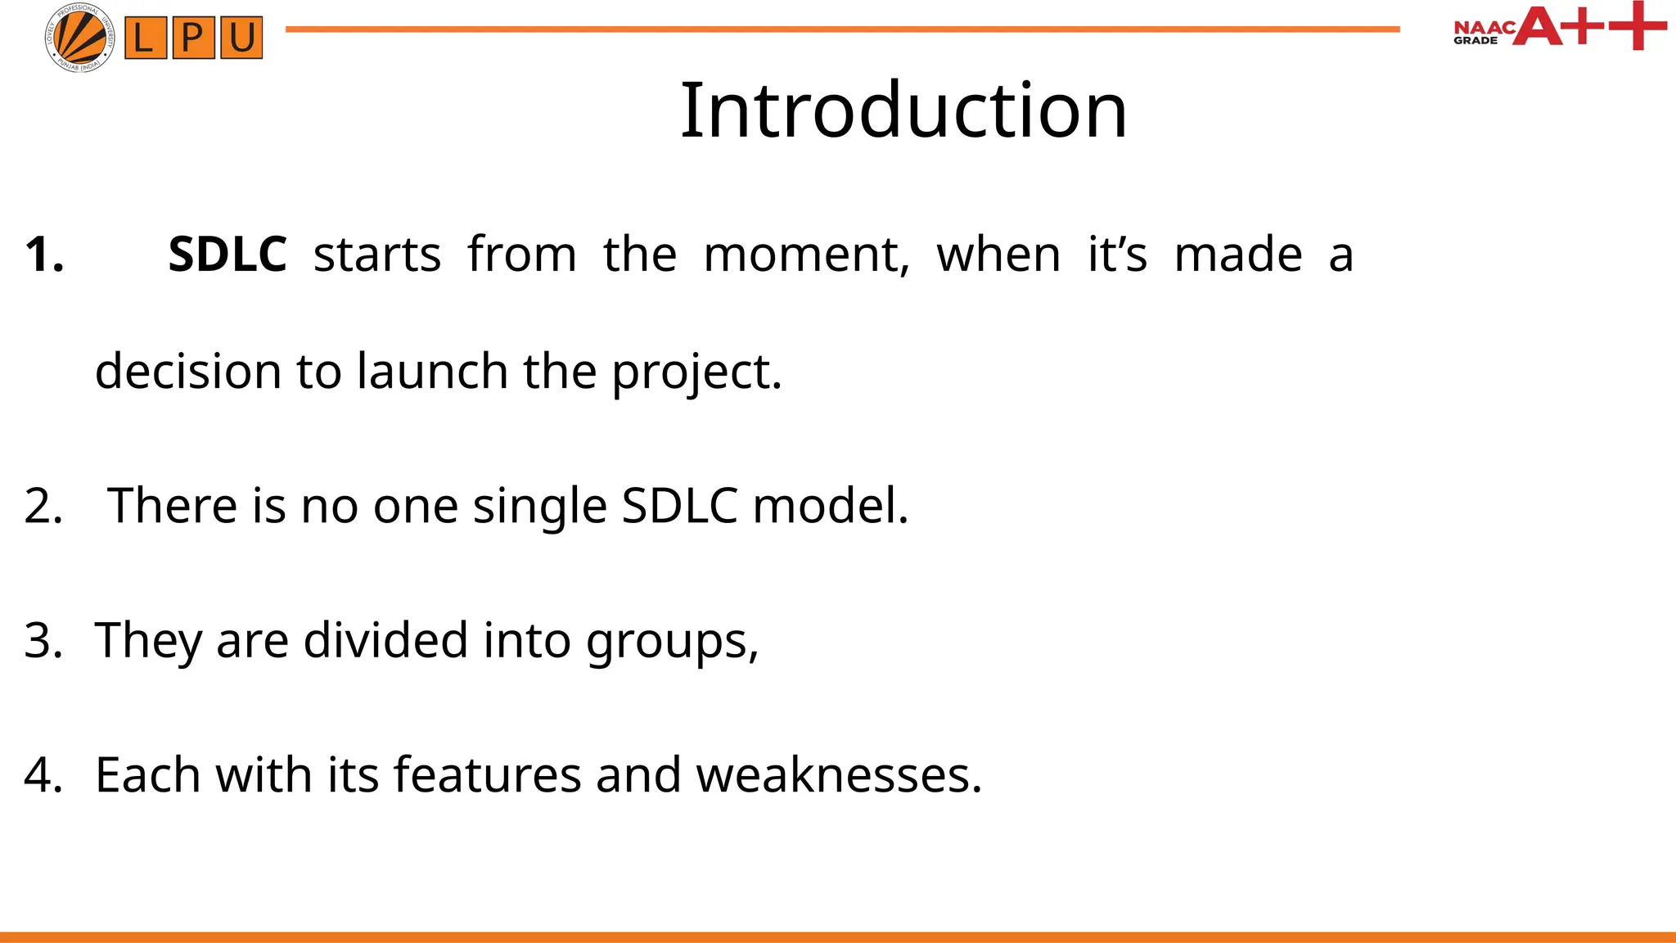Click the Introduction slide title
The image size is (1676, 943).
tap(903, 111)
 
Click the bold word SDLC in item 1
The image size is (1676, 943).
tap(228, 255)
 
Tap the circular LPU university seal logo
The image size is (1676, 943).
tap(80, 38)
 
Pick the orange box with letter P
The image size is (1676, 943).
tap(193, 38)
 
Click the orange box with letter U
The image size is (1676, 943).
tap(241, 38)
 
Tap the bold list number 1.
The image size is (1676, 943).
tap(44, 255)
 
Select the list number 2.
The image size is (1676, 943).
tap(43, 506)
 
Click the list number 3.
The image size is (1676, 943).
tap(43, 640)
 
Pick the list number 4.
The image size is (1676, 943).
tap(43, 774)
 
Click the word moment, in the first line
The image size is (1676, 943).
tap(806, 255)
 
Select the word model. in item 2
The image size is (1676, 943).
tap(831, 506)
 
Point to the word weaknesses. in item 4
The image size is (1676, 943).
tap(839, 774)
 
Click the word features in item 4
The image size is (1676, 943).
tap(487, 774)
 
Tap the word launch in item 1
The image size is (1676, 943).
tap(432, 372)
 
